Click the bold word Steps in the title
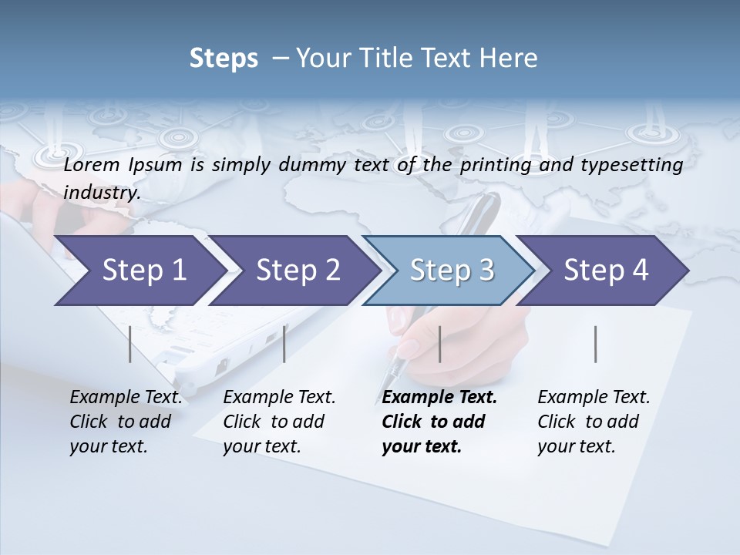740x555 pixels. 224,59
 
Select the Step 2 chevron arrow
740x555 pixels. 297,271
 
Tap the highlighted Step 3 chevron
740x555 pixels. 450,271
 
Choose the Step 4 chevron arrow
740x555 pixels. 605,271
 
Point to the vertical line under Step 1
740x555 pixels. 130,344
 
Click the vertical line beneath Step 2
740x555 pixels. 284,344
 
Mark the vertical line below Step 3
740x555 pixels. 439,344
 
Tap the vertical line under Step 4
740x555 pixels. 596,344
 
